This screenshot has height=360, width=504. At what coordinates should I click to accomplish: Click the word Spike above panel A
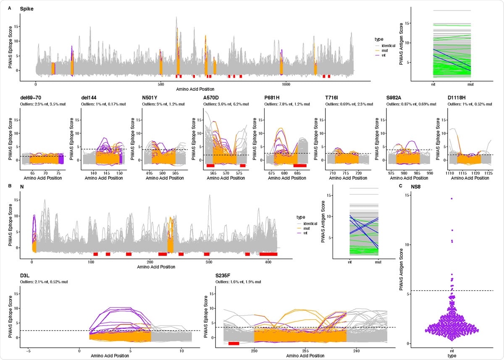(x=26, y=9)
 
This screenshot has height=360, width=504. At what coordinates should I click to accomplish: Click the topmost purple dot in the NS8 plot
(x=451, y=198)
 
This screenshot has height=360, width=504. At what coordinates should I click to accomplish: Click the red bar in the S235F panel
(x=234, y=343)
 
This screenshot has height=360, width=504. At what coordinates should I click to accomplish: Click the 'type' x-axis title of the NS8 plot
(x=451, y=355)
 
